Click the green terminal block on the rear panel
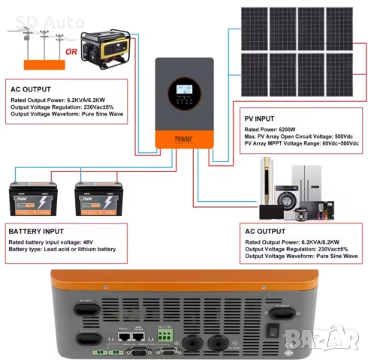164,331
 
